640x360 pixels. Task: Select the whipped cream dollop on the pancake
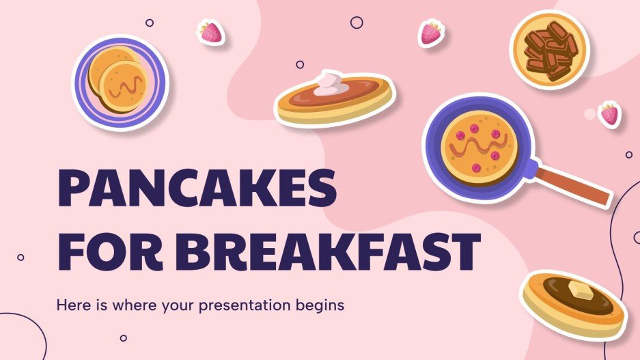coord(330,82)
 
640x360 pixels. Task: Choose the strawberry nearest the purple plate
coord(210,32)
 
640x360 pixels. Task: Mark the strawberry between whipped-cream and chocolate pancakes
coord(430,33)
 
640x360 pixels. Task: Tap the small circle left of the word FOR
coord(20,257)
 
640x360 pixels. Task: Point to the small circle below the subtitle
coord(124,337)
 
